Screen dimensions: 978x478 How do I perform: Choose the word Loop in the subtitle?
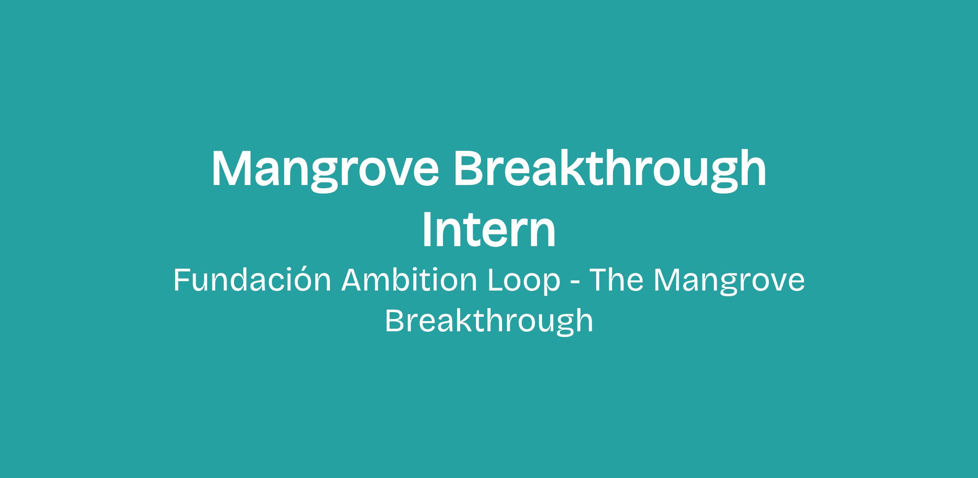coord(524,282)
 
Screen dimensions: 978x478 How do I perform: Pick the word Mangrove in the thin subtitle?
coord(729,282)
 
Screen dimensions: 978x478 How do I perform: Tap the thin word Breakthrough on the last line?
coord(489,322)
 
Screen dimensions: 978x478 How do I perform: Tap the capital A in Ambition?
coord(352,280)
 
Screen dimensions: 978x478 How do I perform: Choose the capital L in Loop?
coord(496,280)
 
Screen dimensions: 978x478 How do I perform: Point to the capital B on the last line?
coord(394,320)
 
